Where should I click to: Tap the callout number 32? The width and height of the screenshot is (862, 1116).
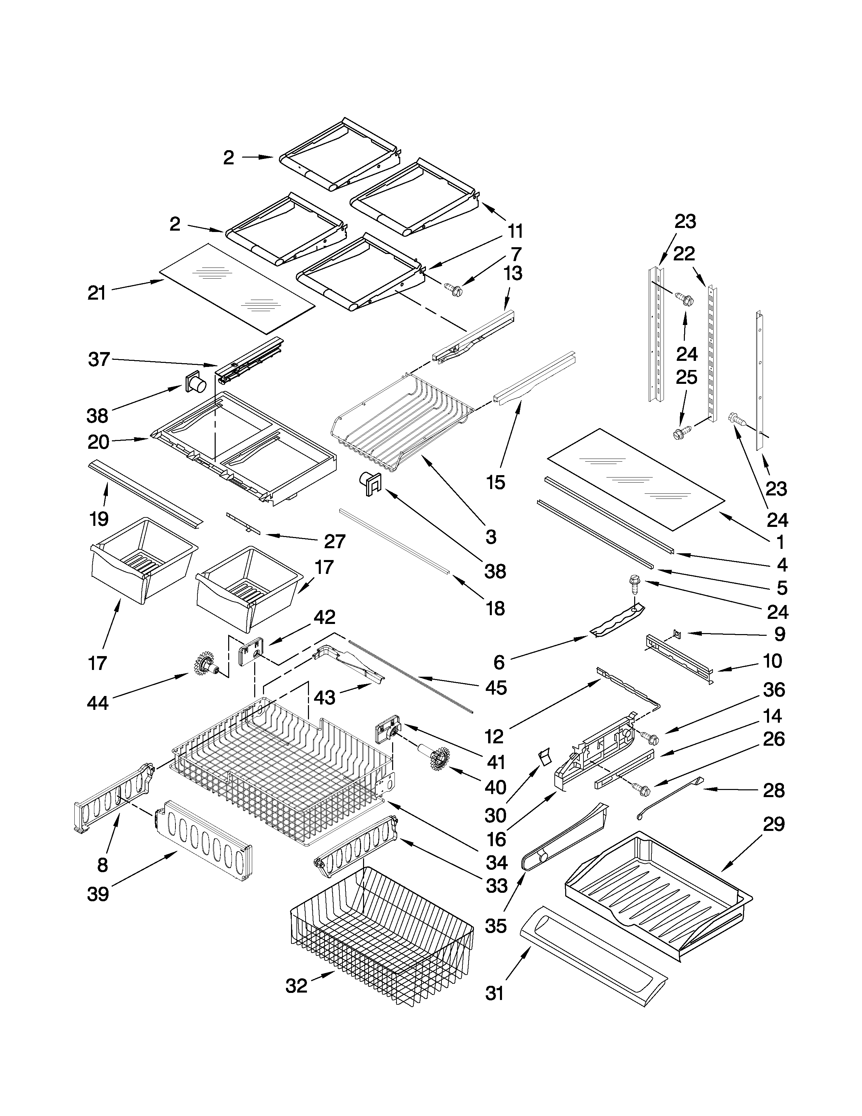coord(296,986)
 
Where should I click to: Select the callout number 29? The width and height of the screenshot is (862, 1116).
coord(773,824)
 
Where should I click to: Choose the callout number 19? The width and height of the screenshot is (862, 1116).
coord(99,519)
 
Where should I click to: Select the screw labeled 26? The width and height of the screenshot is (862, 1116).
coord(641,789)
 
